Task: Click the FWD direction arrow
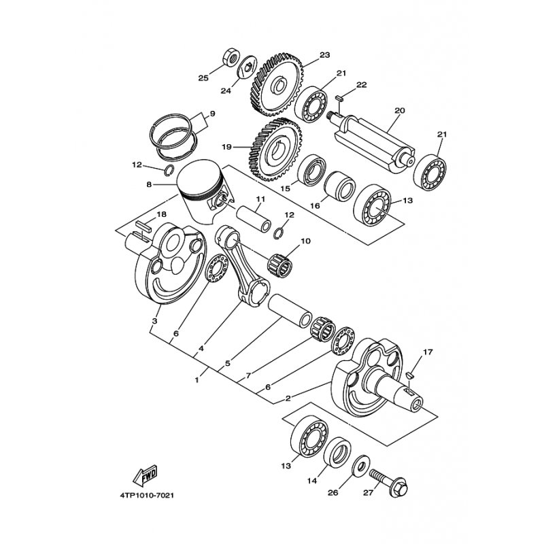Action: [x=146, y=475]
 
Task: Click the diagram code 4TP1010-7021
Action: [x=147, y=495]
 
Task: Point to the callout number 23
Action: [x=325, y=55]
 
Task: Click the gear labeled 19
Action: [x=275, y=150]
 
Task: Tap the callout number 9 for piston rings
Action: [x=212, y=114]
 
